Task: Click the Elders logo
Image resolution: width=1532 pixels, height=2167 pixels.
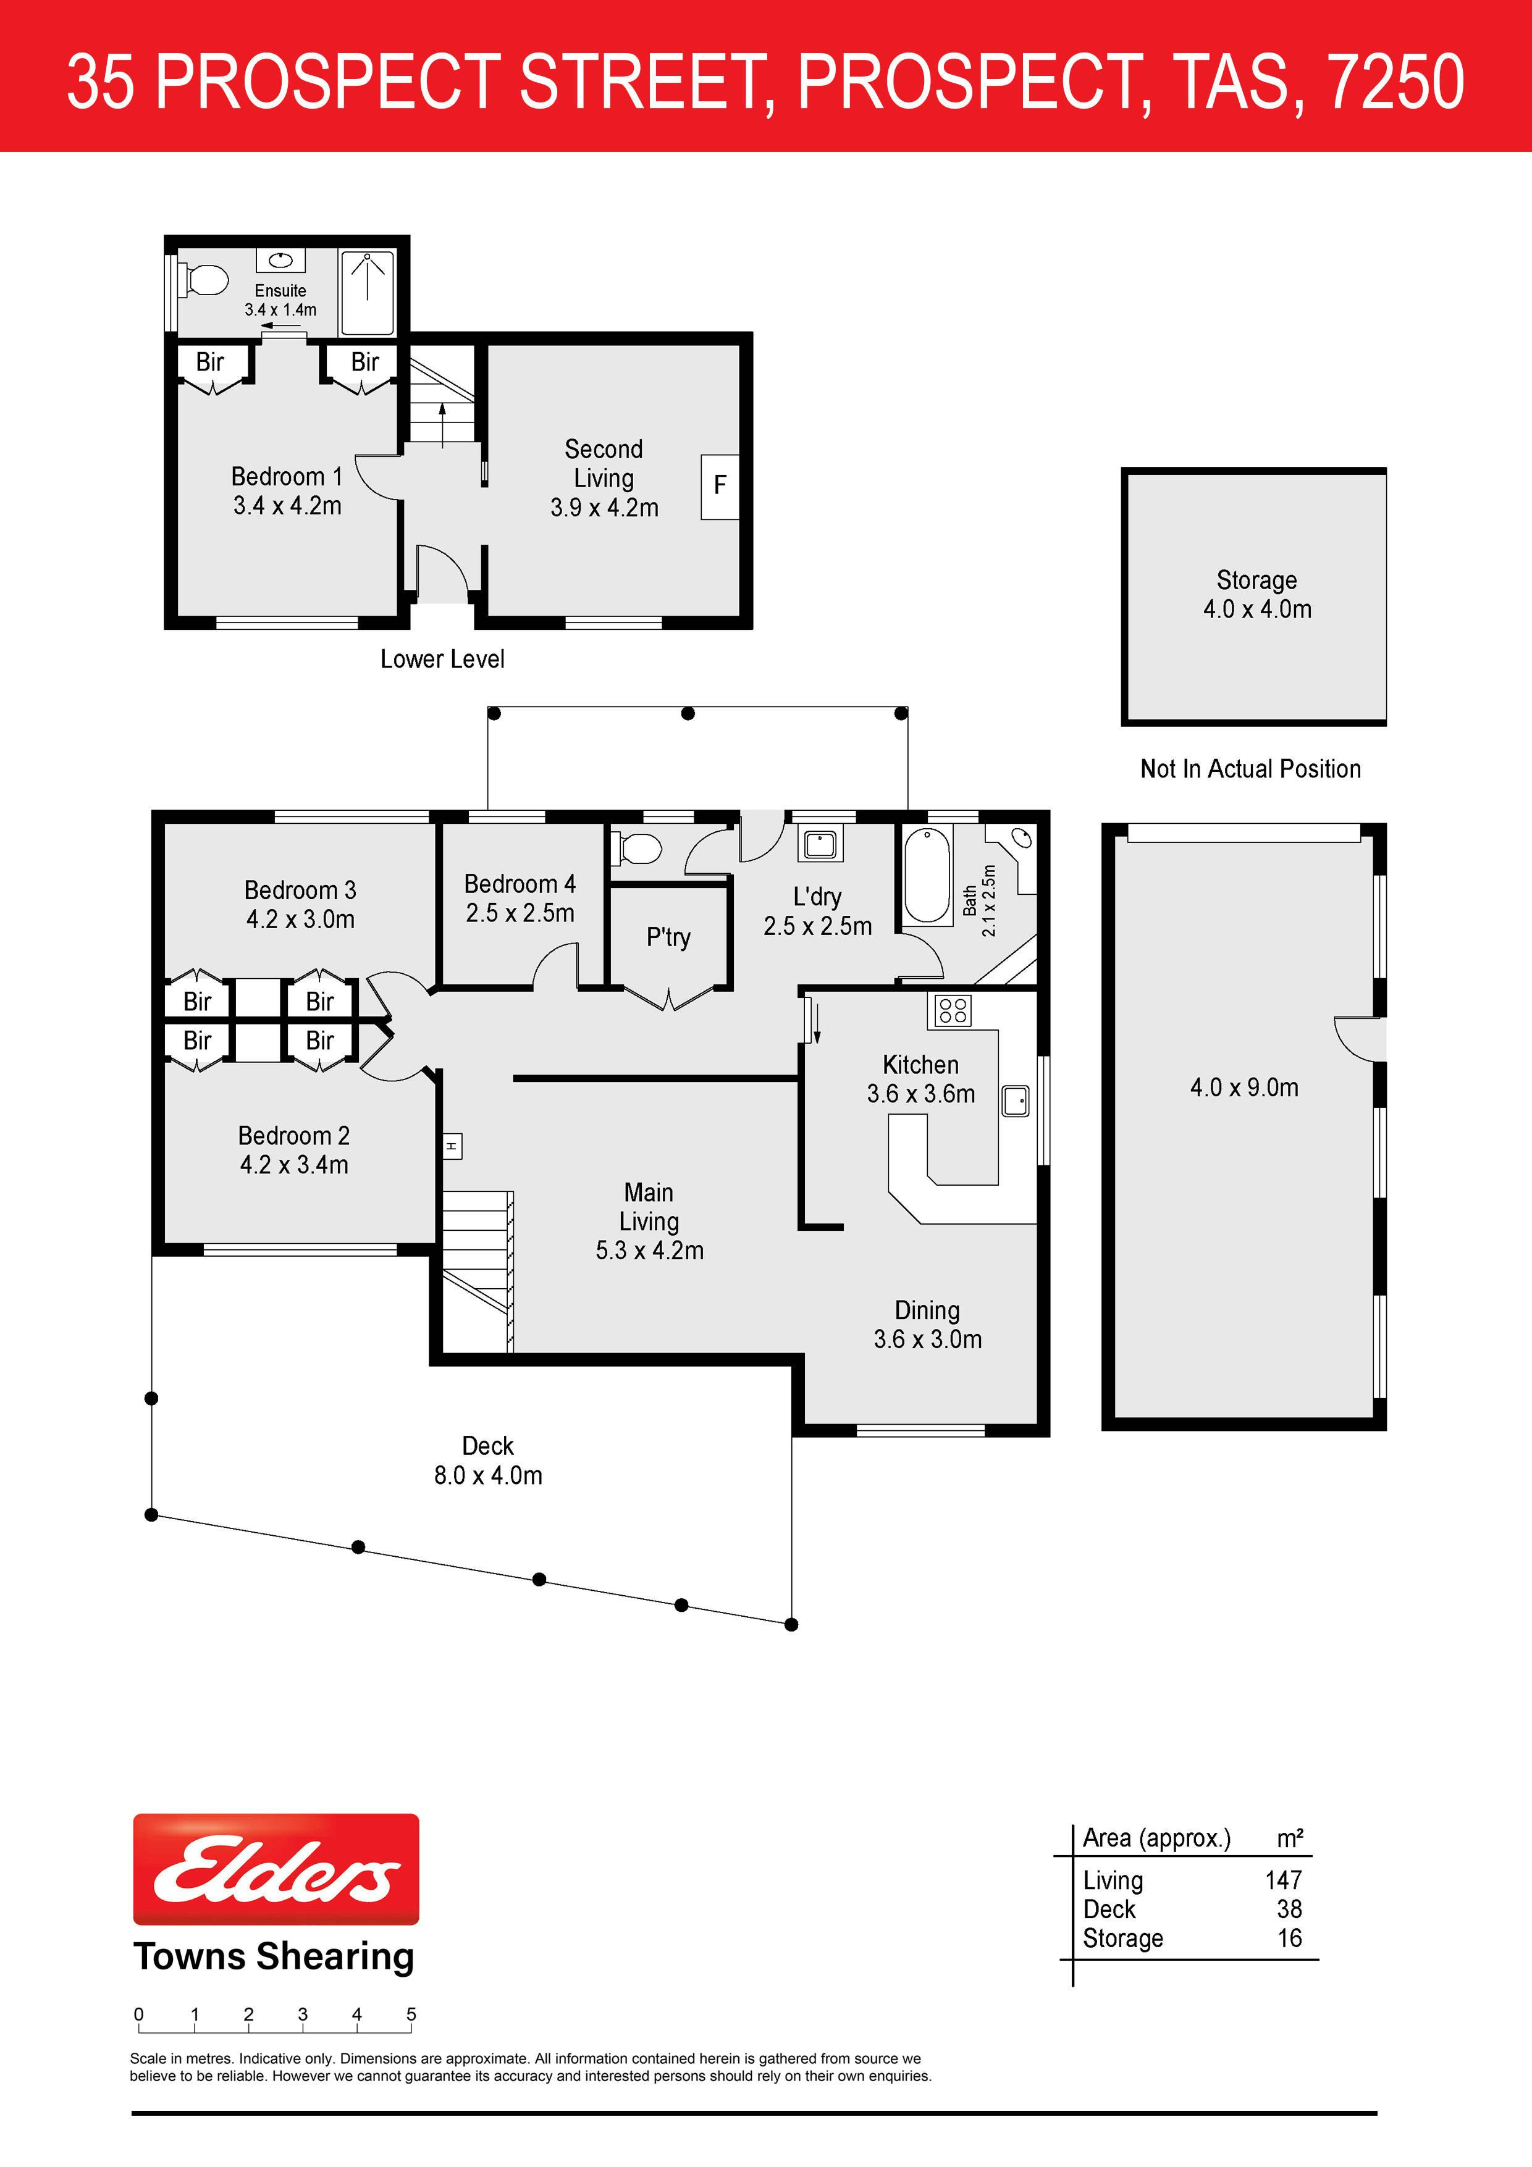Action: [276, 1869]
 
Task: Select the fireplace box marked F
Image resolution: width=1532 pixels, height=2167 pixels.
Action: [719, 486]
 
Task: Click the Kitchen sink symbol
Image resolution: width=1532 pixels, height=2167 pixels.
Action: [1016, 1100]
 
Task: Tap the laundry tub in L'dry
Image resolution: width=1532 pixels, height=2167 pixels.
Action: [819, 844]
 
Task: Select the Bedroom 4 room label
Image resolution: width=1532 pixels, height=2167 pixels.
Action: [519, 884]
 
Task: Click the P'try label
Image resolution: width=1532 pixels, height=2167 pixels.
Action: [668, 937]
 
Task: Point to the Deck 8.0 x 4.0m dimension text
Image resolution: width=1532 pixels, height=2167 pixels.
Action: [488, 1475]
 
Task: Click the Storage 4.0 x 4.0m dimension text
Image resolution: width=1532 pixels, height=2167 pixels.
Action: [1257, 610]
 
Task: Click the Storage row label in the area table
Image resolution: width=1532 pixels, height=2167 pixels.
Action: [1122, 1939]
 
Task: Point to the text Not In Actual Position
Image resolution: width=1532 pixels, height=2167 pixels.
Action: [1251, 769]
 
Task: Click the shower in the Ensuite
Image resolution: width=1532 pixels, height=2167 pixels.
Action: [367, 293]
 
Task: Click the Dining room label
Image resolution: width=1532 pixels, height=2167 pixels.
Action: [927, 1310]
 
